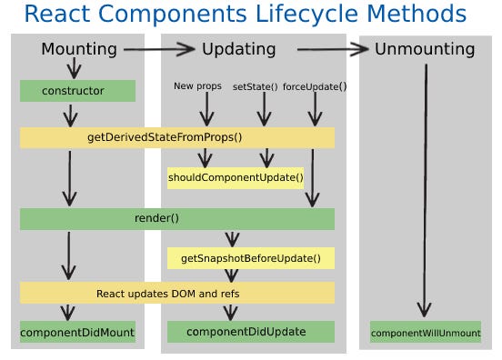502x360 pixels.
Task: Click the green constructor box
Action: tap(77, 91)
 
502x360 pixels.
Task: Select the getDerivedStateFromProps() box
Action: tap(177, 137)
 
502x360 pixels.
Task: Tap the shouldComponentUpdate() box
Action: tap(236, 177)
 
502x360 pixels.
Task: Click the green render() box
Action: tap(177, 218)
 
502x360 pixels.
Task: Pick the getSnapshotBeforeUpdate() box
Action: tap(250, 258)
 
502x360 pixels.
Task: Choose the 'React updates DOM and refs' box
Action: tap(177, 294)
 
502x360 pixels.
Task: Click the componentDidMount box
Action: tap(77, 332)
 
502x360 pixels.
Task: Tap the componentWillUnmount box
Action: tap(425, 333)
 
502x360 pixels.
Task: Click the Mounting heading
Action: tap(79, 49)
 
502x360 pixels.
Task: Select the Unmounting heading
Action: tap(425, 49)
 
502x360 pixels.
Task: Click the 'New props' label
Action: tap(197, 86)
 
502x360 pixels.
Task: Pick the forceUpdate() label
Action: tap(315, 86)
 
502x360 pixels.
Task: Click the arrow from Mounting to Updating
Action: tap(160, 49)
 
